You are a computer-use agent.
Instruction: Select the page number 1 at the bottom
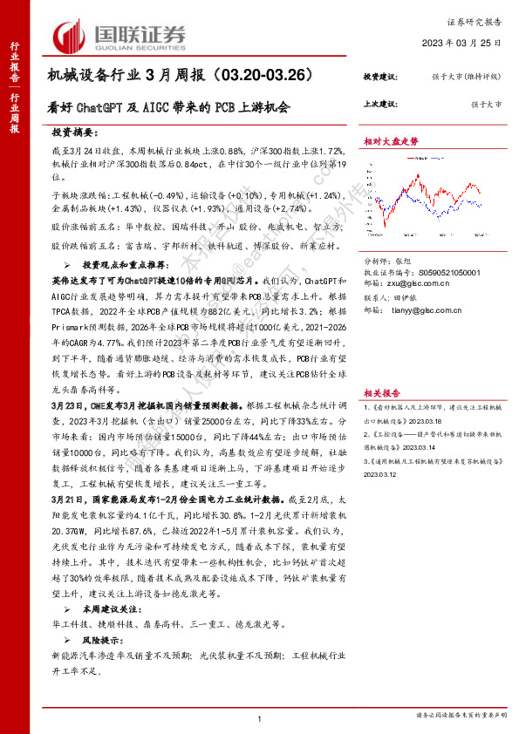260,718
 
